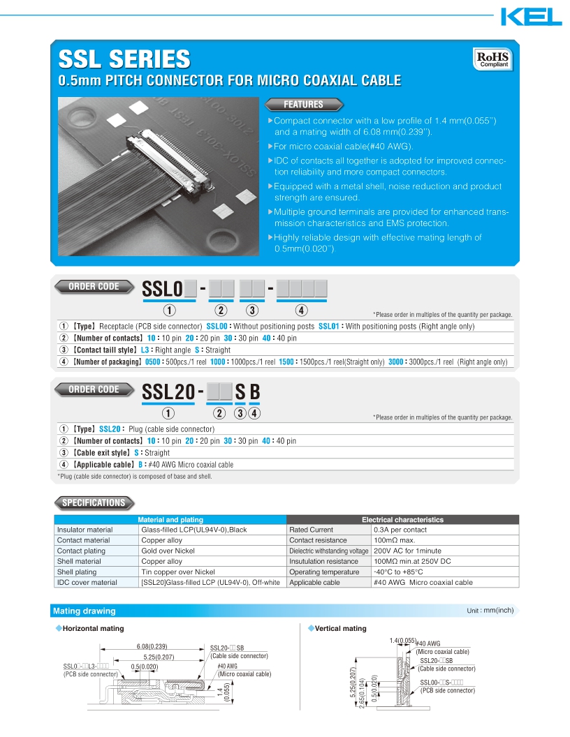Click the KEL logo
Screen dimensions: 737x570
click(x=531, y=16)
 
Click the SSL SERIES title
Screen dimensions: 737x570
click(x=124, y=58)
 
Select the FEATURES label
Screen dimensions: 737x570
click(x=303, y=105)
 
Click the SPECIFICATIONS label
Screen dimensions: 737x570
click(x=94, y=502)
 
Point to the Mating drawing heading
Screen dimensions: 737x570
click(x=85, y=611)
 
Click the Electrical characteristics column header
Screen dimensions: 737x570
click(x=402, y=520)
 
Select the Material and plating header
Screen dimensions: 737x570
click(x=170, y=520)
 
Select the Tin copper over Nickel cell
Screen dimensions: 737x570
click(x=178, y=572)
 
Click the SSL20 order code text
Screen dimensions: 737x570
click(x=168, y=393)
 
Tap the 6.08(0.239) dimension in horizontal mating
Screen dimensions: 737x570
click(x=152, y=646)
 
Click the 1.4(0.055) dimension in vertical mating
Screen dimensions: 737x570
click(x=402, y=641)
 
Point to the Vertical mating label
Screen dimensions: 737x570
click(x=340, y=629)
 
